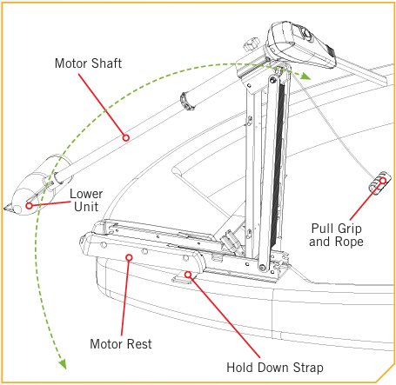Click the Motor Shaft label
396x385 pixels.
pyautogui.click(x=88, y=63)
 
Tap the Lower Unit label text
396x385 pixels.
pyautogui.click(x=86, y=200)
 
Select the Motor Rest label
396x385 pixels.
pyautogui.click(x=121, y=344)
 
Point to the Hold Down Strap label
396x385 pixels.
pyautogui.click(x=275, y=368)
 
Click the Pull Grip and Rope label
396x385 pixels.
pyautogui.click(x=336, y=235)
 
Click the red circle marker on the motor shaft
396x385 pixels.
pyautogui.click(x=125, y=137)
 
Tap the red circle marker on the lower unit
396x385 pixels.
pyautogui.click(x=29, y=206)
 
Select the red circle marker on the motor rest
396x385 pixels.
pyautogui.click(x=130, y=257)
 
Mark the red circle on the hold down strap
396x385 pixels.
pyautogui.click(x=188, y=275)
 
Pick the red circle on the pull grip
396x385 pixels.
pyautogui.click(x=383, y=181)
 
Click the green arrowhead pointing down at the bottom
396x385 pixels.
pyautogui.click(x=63, y=364)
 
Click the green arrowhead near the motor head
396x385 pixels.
pyautogui.click(x=305, y=76)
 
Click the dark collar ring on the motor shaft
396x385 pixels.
pyautogui.click(x=187, y=101)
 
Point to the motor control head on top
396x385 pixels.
pyautogui.click(x=300, y=44)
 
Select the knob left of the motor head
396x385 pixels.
pyautogui.click(x=252, y=44)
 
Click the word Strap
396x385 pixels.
pyautogui.click(x=308, y=368)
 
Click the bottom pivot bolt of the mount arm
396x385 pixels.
pyautogui.click(x=263, y=268)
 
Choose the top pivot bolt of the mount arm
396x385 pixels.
pyautogui.click(x=272, y=80)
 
